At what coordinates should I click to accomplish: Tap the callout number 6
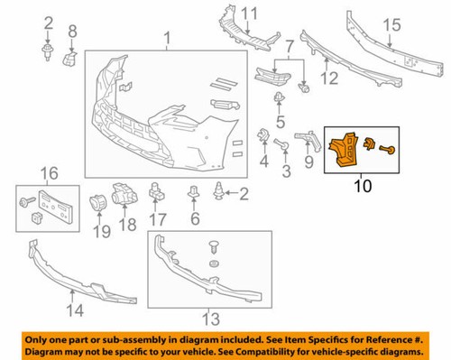pos(194,218)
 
